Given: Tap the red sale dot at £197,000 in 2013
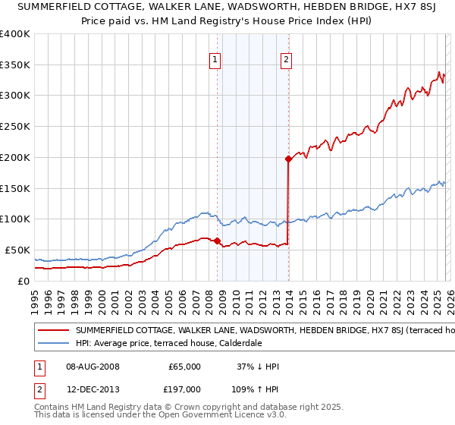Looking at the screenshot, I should coord(288,159).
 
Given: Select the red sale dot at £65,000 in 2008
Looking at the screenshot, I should coord(217,241).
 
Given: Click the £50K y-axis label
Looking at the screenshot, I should coord(17,250).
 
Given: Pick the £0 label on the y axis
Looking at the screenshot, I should coord(23,281).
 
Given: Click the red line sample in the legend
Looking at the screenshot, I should coord(54,330).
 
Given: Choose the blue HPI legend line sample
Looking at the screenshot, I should coord(54,343).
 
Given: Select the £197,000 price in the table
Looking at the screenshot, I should coord(185,388).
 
